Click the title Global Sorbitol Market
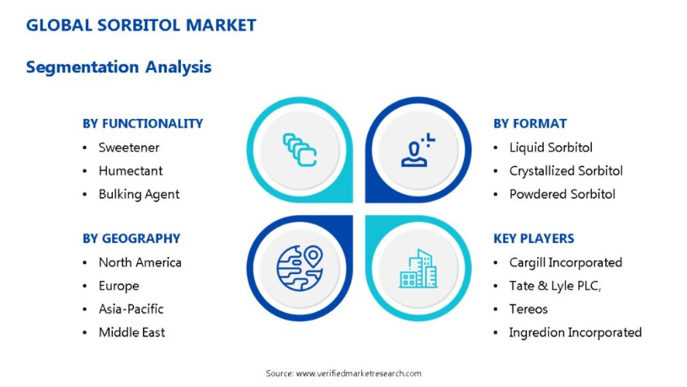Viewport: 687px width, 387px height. (x=141, y=25)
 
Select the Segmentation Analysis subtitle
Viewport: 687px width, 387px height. (x=119, y=67)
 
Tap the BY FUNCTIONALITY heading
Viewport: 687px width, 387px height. (x=143, y=124)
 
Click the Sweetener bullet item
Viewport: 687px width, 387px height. (x=129, y=148)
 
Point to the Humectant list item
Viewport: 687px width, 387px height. (x=130, y=170)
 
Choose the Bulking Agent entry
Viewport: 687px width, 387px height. (x=139, y=195)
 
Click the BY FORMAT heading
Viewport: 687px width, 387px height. (x=530, y=124)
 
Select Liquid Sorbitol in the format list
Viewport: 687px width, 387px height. (x=551, y=148)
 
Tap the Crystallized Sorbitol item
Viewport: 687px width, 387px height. (x=566, y=170)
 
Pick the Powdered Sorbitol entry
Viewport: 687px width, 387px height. (x=562, y=194)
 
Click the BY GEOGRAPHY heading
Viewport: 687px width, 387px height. (x=131, y=239)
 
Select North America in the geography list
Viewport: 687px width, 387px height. (x=140, y=262)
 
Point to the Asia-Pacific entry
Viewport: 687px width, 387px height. (x=131, y=309)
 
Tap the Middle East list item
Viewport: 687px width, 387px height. (x=132, y=332)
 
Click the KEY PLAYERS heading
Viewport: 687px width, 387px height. (x=534, y=239)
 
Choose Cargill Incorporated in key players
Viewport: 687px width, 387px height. (x=566, y=262)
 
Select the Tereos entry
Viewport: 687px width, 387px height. (x=529, y=309)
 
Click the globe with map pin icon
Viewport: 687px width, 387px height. (x=300, y=267)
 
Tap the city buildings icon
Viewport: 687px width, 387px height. (x=418, y=268)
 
